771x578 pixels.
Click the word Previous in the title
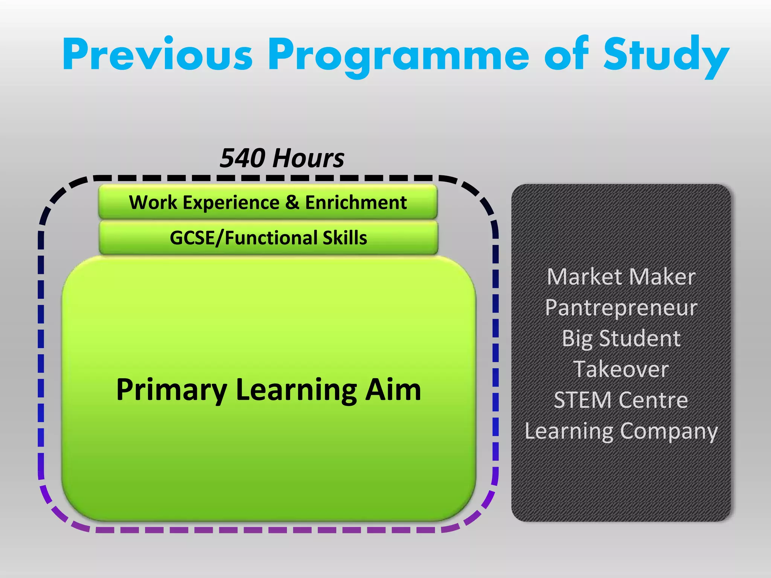[x=157, y=55]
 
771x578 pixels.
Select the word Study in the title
[x=666, y=55]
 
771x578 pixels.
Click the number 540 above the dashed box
[x=243, y=158]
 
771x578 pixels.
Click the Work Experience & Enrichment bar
[x=268, y=202]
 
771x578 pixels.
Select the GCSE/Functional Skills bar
[x=268, y=238]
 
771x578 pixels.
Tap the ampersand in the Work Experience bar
[x=292, y=202]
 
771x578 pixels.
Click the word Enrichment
[x=356, y=202]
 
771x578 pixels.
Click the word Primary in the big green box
[x=171, y=390]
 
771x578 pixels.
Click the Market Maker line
[x=621, y=277]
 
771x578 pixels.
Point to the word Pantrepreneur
[x=621, y=308]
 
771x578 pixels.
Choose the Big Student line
[x=621, y=338]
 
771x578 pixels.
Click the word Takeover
[x=621, y=369]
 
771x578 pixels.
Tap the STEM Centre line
[x=621, y=400]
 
